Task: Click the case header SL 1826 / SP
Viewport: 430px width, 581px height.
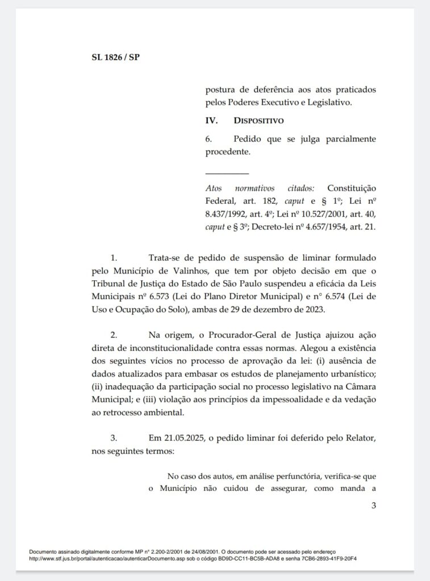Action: point(115,57)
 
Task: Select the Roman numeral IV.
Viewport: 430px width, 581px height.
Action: point(212,121)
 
